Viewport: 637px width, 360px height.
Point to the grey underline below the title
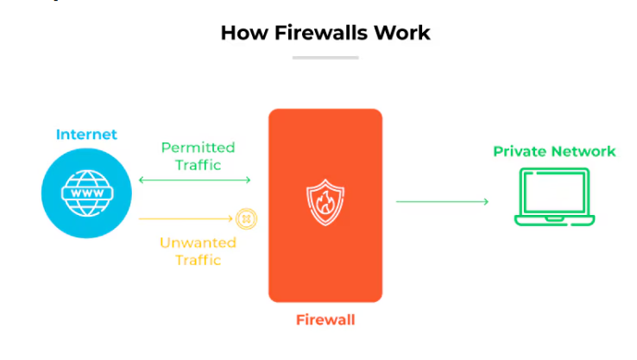pyautogui.click(x=325, y=58)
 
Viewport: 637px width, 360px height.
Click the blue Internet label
pyautogui.click(x=86, y=134)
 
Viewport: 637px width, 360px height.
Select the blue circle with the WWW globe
pyautogui.click(x=85, y=195)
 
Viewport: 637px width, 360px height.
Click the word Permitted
pyautogui.click(x=198, y=148)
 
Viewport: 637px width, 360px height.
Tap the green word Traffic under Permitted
pyautogui.click(x=198, y=164)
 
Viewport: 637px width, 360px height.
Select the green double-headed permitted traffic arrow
pyautogui.click(x=195, y=180)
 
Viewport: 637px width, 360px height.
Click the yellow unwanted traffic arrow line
pyautogui.click(x=186, y=219)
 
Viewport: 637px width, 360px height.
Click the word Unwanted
pyautogui.click(x=197, y=243)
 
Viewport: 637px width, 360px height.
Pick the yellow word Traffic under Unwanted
pyautogui.click(x=198, y=260)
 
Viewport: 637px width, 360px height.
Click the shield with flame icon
pyautogui.click(x=324, y=201)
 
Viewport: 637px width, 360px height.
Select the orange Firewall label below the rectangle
pyautogui.click(x=325, y=320)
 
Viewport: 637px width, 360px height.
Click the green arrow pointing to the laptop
pyautogui.click(x=442, y=201)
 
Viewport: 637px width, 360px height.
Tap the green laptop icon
pyautogui.click(x=554, y=197)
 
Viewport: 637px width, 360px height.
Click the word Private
pyautogui.click(x=520, y=151)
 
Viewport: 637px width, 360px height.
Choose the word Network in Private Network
pyautogui.click(x=584, y=151)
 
